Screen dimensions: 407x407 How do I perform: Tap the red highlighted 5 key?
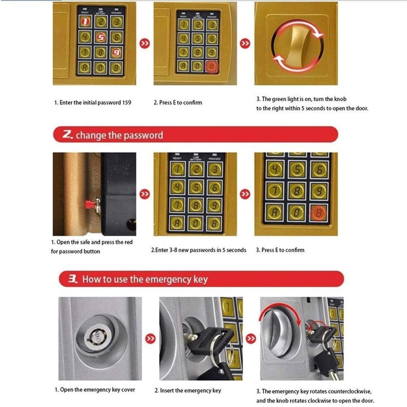pos(101,37)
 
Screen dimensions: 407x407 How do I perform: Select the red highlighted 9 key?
pos(116,52)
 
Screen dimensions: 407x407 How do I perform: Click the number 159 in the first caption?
pos(126,103)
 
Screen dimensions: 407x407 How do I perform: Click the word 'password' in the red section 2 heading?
pos(143,135)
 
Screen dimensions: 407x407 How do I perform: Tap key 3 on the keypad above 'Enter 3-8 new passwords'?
pos(214,170)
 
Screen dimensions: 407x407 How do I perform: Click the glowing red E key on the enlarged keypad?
pos(319,212)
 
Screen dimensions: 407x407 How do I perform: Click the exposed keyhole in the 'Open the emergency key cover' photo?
pos(95,339)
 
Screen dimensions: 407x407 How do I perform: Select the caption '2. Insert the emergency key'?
pos(188,390)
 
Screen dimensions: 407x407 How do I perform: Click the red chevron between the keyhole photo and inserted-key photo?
pos(149,339)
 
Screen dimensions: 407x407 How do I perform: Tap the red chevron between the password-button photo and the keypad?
pos(145,194)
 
